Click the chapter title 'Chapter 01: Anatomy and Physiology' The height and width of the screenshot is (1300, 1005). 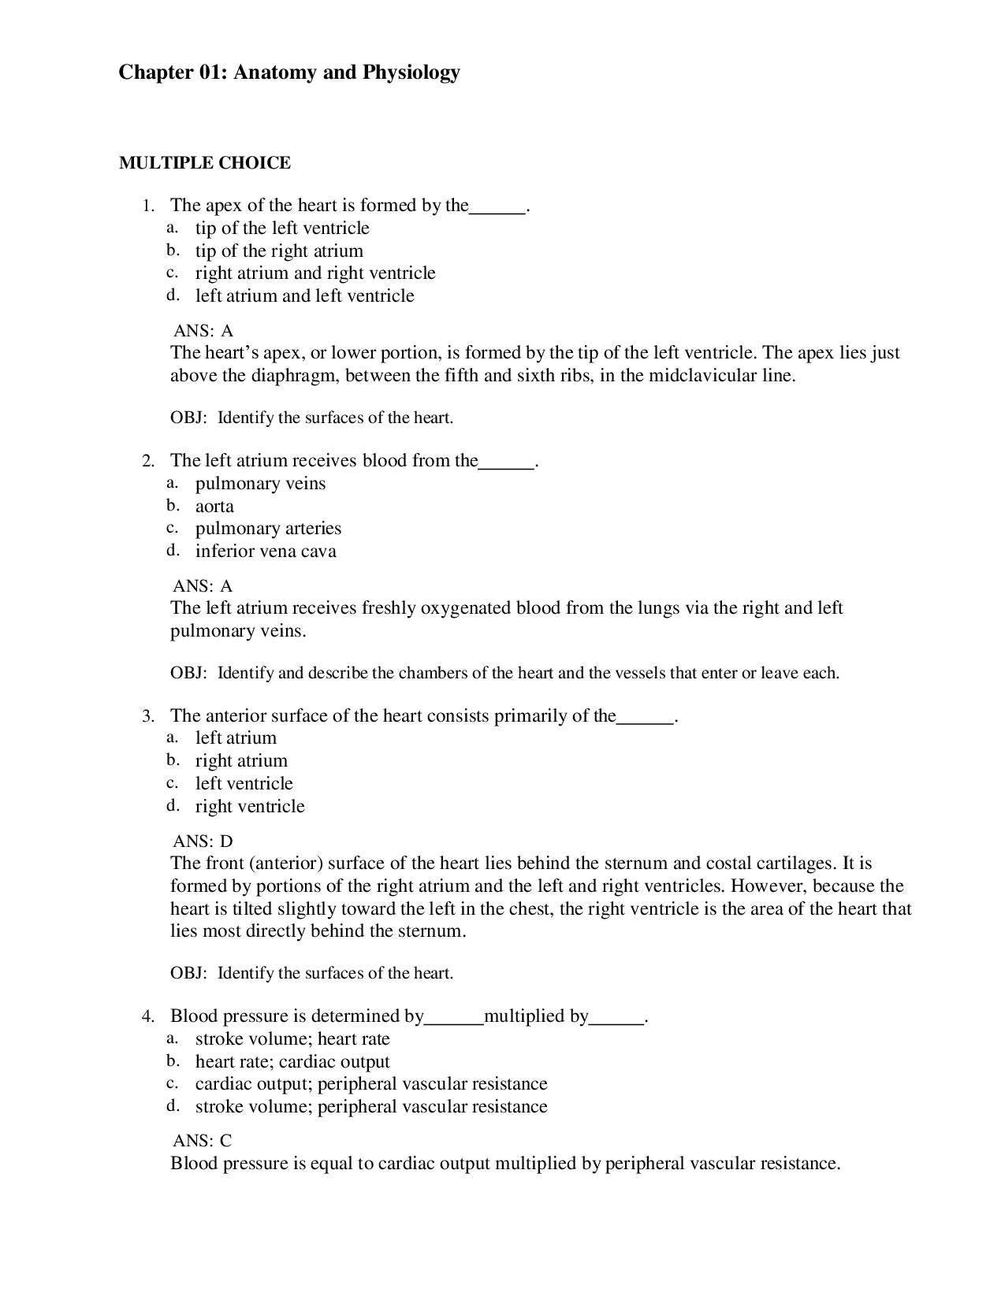coord(288,73)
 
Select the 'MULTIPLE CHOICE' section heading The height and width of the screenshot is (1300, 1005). coord(204,163)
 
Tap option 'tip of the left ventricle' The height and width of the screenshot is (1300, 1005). coord(282,228)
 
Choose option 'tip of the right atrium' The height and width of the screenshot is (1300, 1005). coord(279,251)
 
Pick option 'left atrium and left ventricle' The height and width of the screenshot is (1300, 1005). coord(304,296)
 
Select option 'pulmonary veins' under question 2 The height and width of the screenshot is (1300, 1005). coord(260,484)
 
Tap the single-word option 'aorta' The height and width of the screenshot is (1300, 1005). coord(214,507)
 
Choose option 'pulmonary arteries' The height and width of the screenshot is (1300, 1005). coord(268,529)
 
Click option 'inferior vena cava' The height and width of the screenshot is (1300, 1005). coord(266,552)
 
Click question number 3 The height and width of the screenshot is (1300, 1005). coord(147,717)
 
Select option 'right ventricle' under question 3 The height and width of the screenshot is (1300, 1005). coord(250,807)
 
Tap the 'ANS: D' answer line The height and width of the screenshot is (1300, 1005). coord(203,841)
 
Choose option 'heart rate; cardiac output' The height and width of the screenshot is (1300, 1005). coord(292,1062)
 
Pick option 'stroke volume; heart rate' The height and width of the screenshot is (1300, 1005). coord(292,1039)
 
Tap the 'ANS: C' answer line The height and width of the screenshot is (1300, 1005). coord(202,1141)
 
